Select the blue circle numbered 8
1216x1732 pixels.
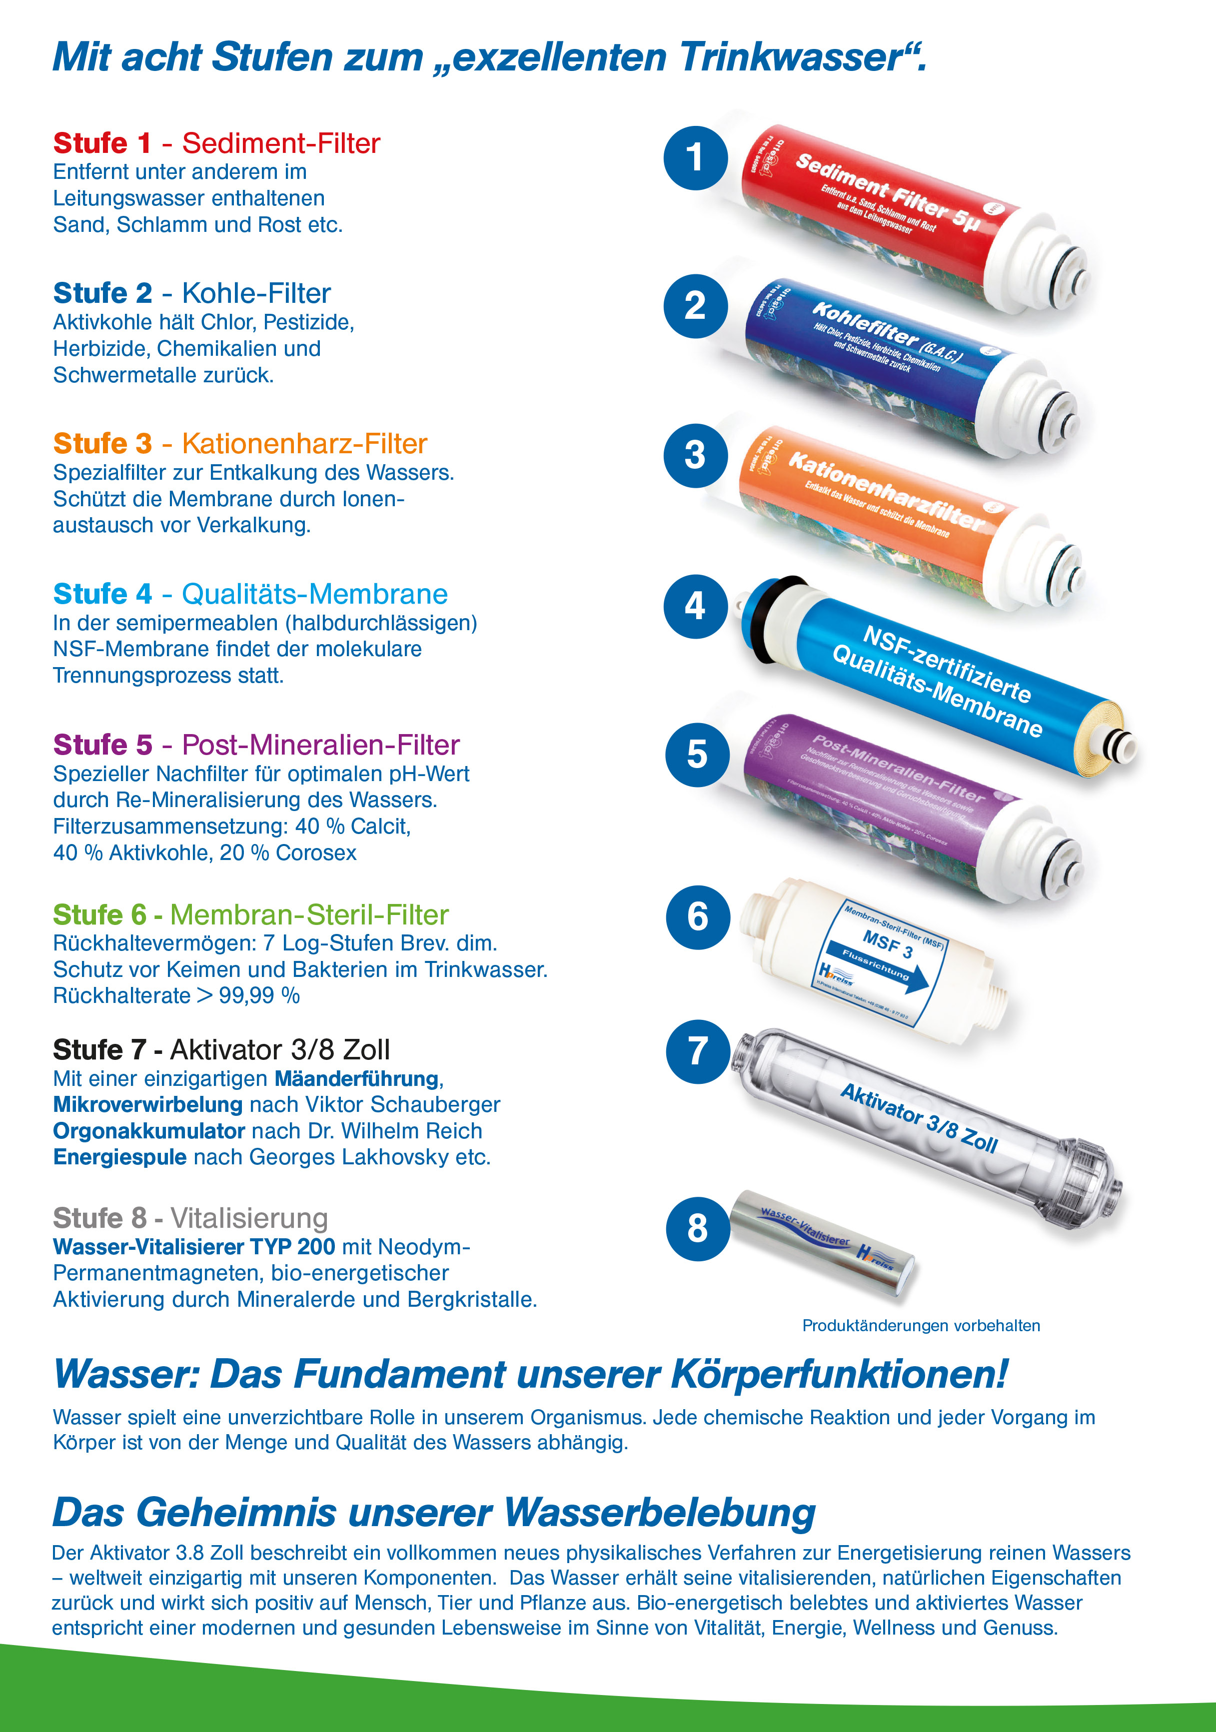tap(698, 1228)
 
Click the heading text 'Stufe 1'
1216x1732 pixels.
tap(102, 142)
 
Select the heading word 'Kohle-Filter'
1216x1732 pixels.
tap(256, 293)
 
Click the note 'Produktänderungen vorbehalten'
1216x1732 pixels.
tap(921, 1325)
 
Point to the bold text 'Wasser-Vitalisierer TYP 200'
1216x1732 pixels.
tap(194, 1247)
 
